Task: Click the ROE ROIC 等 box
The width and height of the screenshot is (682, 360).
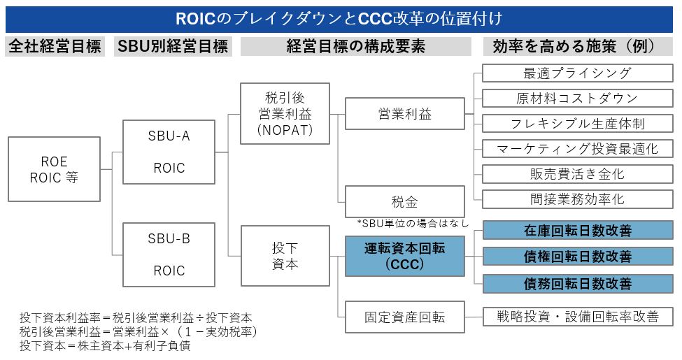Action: point(54,169)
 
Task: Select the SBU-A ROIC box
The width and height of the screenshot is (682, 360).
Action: point(169,152)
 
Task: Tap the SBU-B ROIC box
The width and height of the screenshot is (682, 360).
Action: point(169,254)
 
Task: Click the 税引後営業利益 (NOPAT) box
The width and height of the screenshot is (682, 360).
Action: point(284,113)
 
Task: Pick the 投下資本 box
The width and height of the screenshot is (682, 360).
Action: point(284,255)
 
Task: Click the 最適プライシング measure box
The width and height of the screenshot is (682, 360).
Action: point(577,73)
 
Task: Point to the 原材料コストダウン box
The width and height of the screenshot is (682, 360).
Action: point(577,99)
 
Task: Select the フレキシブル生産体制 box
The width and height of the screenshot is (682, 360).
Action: point(577,124)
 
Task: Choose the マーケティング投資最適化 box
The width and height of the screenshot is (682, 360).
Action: point(577,149)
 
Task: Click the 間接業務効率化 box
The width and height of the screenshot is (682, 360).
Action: point(577,199)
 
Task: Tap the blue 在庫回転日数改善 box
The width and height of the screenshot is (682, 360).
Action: point(577,230)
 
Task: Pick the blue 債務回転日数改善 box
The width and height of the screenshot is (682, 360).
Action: point(577,283)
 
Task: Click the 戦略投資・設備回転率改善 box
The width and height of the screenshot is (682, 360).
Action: point(577,317)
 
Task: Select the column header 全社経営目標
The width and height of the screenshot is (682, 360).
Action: point(55,47)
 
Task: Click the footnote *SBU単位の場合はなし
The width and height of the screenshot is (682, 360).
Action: point(412,224)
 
